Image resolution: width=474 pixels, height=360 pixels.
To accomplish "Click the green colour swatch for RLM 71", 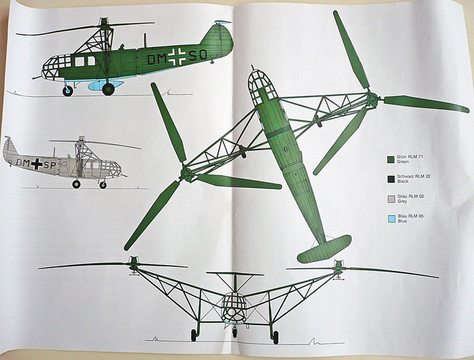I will [x=390, y=159].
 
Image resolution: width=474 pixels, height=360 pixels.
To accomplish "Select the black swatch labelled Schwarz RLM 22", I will [x=390, y=179].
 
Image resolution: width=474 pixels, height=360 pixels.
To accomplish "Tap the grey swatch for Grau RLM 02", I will [x=390, y=199].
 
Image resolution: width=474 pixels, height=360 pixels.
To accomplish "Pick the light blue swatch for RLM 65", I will [x=390, y=218].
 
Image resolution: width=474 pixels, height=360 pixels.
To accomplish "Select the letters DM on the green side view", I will [x=156, y=60].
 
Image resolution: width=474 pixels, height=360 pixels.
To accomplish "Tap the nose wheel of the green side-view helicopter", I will [x=68, y=91].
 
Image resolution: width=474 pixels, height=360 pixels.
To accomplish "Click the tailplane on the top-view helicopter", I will [x=323, y=248].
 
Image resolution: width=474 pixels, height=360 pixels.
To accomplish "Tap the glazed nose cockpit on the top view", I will [x=264, y=87].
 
